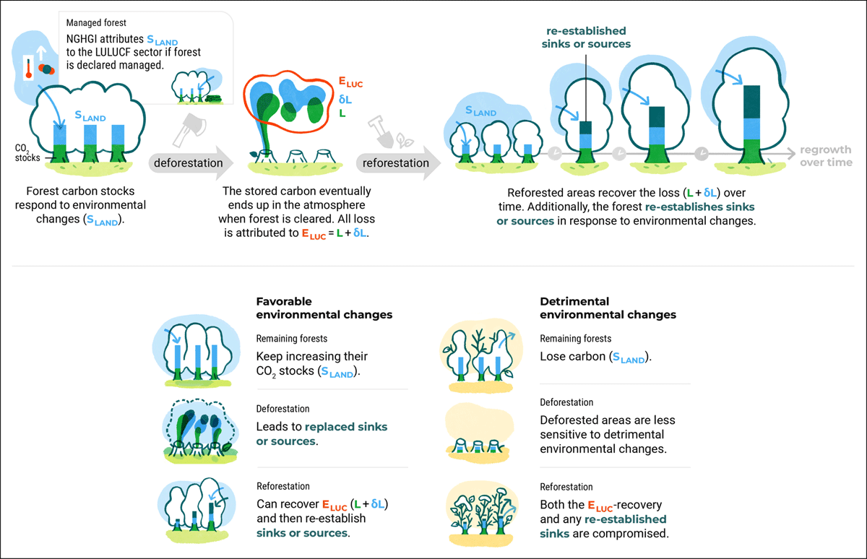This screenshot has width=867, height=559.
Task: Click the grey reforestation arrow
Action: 398,163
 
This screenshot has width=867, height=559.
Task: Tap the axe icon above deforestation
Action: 189,130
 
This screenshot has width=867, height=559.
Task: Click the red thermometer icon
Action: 29,68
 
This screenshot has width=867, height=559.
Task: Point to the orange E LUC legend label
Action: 350,82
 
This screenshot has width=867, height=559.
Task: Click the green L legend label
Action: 342,113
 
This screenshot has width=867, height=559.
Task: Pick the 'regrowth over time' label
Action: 826,156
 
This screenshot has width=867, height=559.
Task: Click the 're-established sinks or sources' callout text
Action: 586,38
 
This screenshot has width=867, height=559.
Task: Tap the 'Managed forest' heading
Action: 96,23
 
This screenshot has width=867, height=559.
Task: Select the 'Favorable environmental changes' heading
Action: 324,308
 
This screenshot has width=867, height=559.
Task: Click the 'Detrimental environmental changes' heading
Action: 608,308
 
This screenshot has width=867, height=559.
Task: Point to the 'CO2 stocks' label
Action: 27,153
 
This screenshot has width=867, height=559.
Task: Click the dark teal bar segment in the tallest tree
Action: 751,102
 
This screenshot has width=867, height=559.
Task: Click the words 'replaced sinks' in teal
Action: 346,427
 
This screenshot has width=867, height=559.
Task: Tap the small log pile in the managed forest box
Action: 213,99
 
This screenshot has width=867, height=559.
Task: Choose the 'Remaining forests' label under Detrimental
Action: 576,339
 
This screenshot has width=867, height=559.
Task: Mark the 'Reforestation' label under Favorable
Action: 283,486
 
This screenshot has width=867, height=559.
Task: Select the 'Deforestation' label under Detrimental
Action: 566,402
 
